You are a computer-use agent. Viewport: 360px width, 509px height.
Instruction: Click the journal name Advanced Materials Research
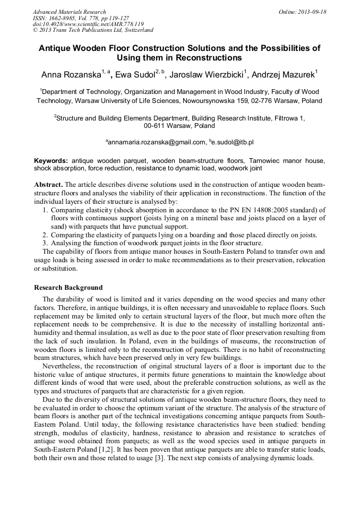coord(69,12)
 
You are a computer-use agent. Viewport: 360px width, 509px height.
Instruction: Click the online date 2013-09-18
coord(313,12)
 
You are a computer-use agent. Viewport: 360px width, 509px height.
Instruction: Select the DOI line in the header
coord(88,24)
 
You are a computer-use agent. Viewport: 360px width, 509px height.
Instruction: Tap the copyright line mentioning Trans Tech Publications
coord(93,30)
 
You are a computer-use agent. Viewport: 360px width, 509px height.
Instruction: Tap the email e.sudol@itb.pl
coord(233,142)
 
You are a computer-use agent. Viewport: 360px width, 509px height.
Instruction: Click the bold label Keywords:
coord(51,160)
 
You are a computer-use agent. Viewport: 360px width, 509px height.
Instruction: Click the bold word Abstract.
coord(48,184)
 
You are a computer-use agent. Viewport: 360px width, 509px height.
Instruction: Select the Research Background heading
coord(68,287)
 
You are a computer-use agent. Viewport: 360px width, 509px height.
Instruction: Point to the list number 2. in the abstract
coord(45,235)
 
